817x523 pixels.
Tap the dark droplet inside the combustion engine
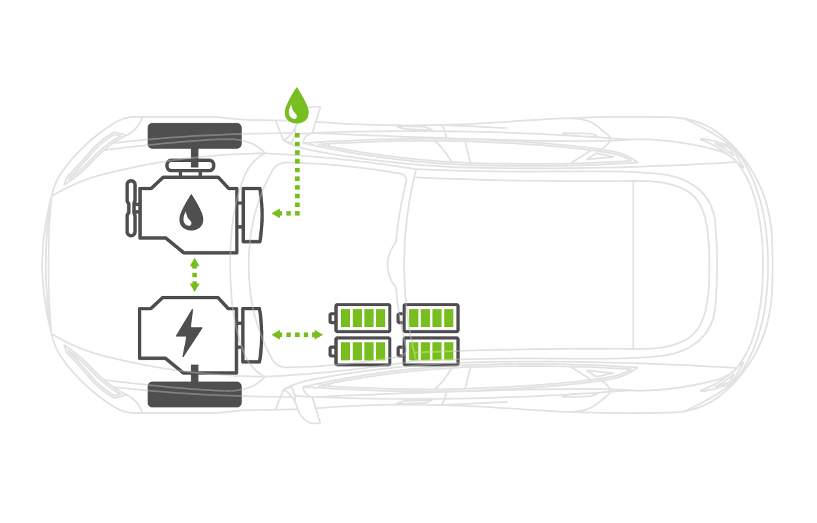(191, 213)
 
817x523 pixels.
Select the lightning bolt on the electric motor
(189, 332)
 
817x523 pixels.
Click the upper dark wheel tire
(195, 135)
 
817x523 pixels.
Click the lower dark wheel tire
(195, 394)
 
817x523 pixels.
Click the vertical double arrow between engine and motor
(194, 275)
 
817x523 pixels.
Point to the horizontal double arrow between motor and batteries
(297, 335)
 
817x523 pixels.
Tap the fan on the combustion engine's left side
(131, 208)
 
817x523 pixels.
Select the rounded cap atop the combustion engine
(191, 166)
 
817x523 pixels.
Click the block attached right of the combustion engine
(251, 215)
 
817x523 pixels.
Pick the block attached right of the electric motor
(251, 335)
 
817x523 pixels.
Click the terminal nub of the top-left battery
(332, 318)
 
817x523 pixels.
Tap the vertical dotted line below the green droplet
(297, 170)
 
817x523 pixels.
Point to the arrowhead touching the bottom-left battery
(318, 335)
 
